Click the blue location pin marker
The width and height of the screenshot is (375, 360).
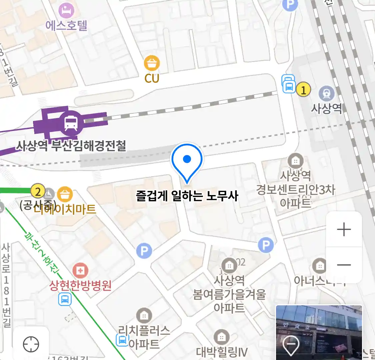point(187,160)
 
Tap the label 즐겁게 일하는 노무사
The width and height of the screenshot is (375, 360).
point(187,196)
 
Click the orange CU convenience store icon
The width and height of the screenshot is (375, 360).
point(152,63)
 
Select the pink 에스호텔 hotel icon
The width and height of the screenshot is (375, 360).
point(66,11)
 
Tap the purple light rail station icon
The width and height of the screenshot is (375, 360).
point(71,123)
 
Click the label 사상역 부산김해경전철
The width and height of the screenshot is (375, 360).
point(71,146)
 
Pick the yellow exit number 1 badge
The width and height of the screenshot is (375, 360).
point(303,90)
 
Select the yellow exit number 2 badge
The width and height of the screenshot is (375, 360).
point(38,192)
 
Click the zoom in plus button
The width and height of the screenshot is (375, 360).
point(344,230)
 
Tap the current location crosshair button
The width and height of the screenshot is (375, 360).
point(31,344)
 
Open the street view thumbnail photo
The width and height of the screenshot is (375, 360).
point(319,332)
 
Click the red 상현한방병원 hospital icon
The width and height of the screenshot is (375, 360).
point(80,270)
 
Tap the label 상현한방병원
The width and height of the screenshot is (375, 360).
point(80,285)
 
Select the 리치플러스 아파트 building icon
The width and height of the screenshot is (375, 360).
point(144,315)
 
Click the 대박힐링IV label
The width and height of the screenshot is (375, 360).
point(222,352)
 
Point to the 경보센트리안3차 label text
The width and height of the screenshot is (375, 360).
point(295,190)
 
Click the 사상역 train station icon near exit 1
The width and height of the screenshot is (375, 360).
point(326,94)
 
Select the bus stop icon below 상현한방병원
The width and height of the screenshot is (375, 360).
point(65,299)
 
